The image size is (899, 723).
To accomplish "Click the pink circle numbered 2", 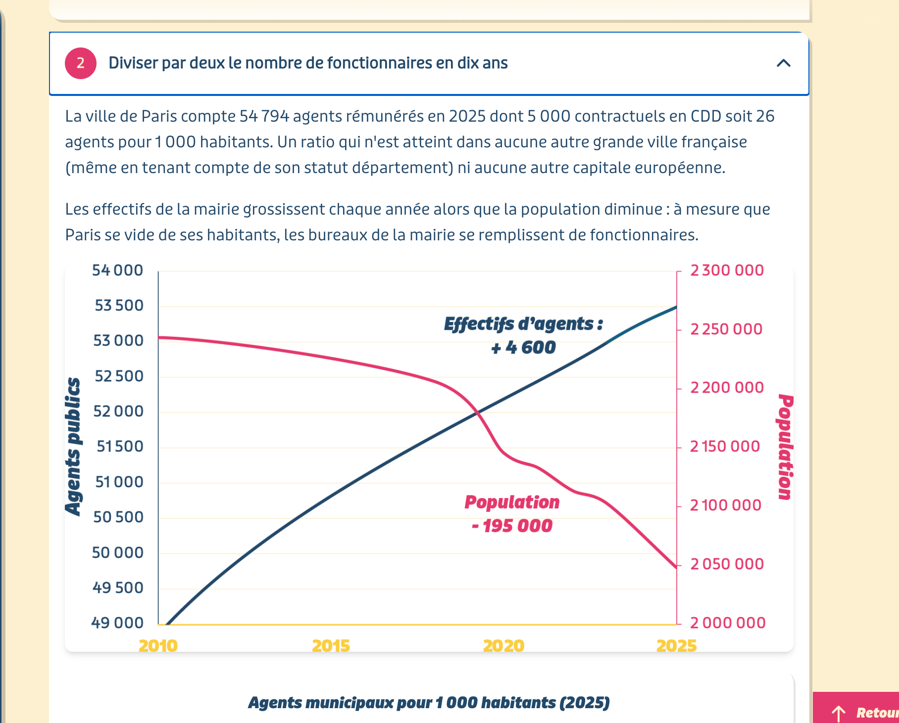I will (80, 63).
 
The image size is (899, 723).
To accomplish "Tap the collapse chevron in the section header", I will (783, 63).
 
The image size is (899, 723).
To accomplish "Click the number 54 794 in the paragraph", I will (264, 116).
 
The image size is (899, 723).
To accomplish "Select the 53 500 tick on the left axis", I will (119, 306).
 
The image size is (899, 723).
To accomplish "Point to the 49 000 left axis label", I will (117, 623).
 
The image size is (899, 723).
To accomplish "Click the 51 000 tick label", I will (119, 482).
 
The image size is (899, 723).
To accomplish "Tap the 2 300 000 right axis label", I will (727, 271).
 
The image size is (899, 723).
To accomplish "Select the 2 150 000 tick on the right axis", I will (725, 447).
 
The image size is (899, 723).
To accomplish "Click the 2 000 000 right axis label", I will (728, 623).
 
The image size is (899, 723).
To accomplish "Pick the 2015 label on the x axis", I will (331, 645).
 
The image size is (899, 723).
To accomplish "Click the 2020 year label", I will (503, 645).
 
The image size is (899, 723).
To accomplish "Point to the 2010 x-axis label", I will (158, 645).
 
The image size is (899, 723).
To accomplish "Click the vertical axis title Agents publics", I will (73, 447).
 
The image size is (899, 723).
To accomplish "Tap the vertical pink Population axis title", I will (785, 447).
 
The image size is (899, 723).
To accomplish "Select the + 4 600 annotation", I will (523, 347).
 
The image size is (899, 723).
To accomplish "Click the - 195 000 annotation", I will (512, 526).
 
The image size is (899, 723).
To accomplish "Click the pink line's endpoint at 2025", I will (676, 567).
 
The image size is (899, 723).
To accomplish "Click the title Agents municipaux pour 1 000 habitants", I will (429, 703).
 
